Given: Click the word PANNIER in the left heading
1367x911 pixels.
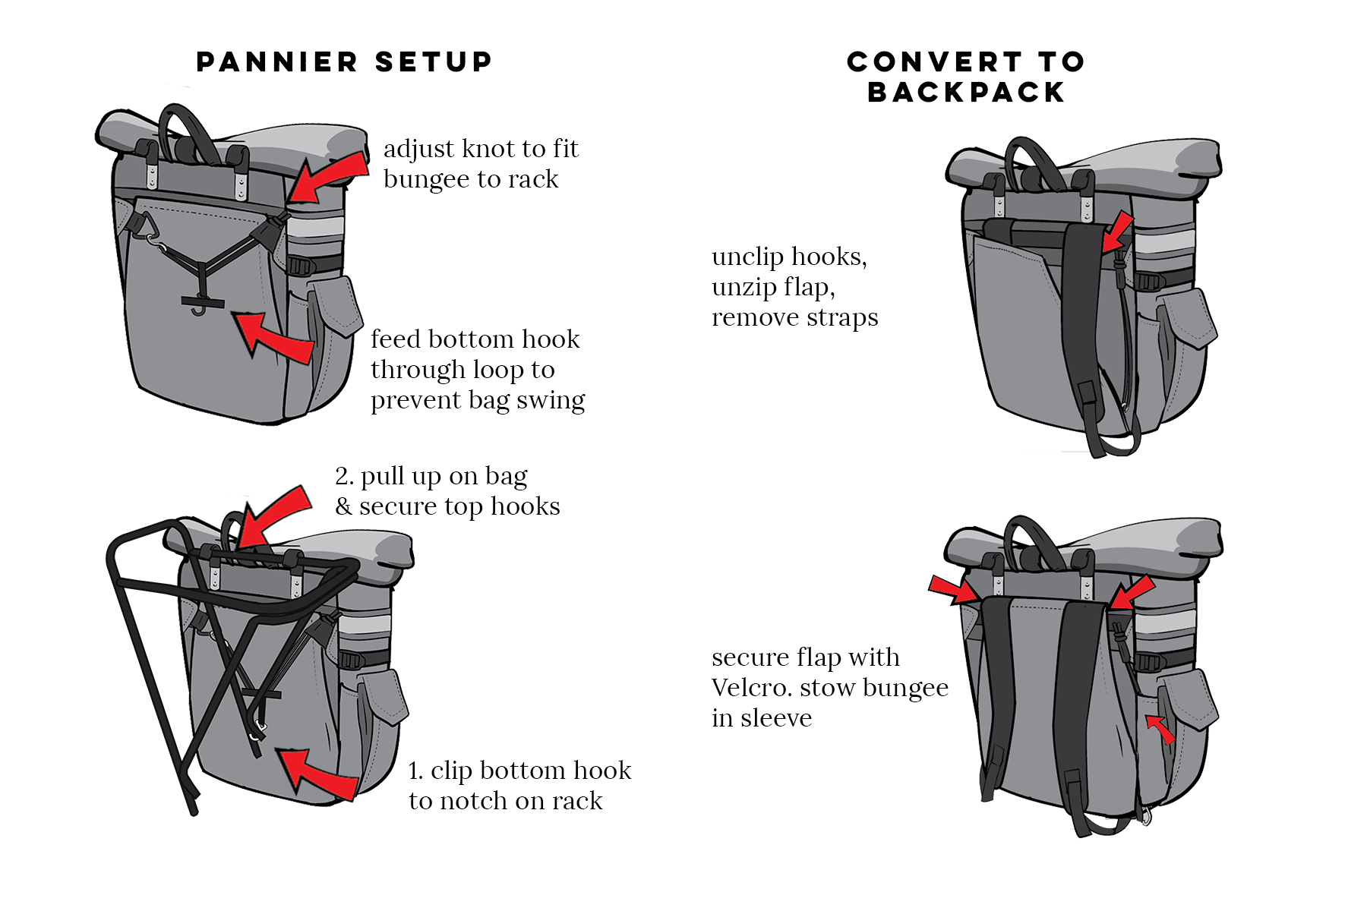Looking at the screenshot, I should pyautogui.click(x=276, y=62).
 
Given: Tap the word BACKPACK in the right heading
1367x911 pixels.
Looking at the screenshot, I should pyautogui.click(x=966, y=93).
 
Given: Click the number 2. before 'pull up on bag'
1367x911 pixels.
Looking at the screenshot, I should pyautogui.click(x=344, y=477).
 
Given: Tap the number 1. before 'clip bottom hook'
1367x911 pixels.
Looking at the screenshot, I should pyautogui.click(x=415, y=771).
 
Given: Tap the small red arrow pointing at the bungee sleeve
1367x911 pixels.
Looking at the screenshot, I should pyautogui.click(x=1160, y=729).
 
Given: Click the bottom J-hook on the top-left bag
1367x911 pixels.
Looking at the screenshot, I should pyautogui.click(x=199, y=307).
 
